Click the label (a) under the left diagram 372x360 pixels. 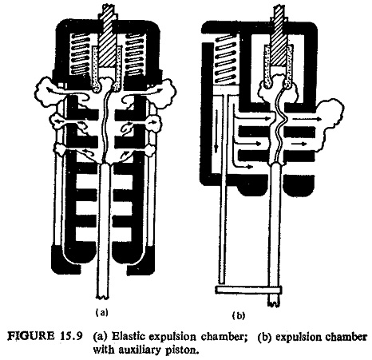102,312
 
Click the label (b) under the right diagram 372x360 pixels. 238,315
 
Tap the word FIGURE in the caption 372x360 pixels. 30,336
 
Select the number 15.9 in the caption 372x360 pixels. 69,336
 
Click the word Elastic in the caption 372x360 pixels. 129,336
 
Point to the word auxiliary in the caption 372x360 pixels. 140,350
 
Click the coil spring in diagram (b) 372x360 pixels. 225,58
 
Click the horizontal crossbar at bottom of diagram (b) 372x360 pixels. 249,290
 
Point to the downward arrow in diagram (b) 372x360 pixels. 217,130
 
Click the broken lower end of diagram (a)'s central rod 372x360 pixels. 103,296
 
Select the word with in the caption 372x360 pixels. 104,350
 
